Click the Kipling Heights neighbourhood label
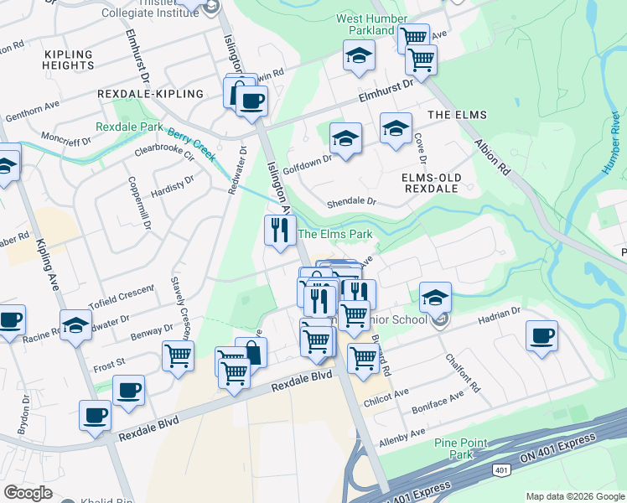click(69, 59)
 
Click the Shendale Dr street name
click(352, 202)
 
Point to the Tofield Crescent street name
click(122, 295)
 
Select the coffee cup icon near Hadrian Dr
click(541, 335)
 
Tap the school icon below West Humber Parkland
click(359, 55)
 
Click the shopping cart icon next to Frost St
click(178, 355)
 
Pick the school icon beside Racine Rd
click(75, 324)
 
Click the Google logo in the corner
click(28, 493)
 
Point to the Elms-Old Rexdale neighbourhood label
click(429, 183)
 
